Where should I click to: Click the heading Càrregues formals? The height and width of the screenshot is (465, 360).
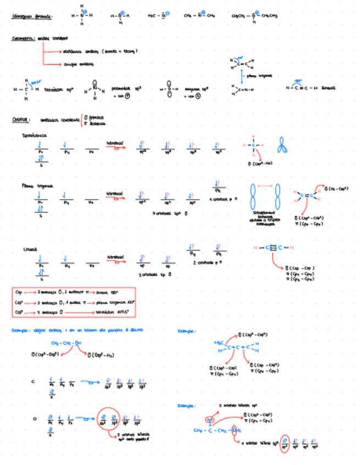(32, 16)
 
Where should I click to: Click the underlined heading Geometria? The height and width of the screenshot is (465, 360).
(23, 39)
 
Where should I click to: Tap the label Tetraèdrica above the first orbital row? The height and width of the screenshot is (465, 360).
(35, 135)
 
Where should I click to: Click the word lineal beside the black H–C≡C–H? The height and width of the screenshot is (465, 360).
(328, 88)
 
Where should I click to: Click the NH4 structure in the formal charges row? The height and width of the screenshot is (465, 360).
(82, 16)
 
